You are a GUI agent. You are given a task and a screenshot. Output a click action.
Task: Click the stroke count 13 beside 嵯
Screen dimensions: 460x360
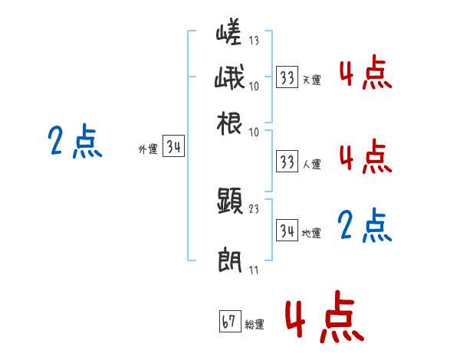(x=254, y=41)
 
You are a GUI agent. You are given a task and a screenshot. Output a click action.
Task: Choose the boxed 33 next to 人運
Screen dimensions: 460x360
(x=287, y=162)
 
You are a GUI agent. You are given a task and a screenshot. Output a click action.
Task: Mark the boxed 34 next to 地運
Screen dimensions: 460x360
(x=287, y=231)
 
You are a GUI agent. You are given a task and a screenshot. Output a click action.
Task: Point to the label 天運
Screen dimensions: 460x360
(x=311, y=79)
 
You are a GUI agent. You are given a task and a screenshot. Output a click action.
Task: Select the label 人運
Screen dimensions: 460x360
(x=311, y=164)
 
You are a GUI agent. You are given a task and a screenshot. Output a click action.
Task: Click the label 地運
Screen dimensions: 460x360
(x=311, y=233)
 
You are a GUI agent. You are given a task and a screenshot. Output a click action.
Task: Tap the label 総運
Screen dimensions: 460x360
(x=255, y=325)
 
